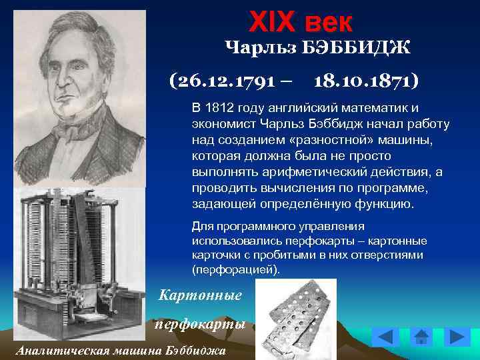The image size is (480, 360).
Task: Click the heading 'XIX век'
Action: (300, 22)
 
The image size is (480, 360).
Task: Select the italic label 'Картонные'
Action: (200, 294)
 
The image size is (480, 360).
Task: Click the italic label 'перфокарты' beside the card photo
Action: (201, 324)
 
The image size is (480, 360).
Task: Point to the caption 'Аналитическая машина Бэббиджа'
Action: (121, 351)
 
